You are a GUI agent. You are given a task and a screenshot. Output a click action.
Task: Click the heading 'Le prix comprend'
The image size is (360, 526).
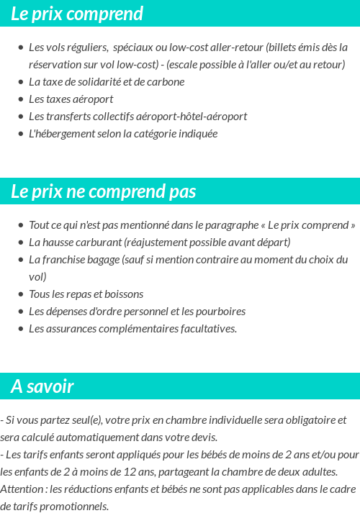click(x=77, y=14)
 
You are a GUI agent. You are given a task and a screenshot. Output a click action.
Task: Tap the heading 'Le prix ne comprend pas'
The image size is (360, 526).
click(x=104, y=192)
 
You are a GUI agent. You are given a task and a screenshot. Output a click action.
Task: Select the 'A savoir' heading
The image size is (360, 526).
click(x=42, y=386)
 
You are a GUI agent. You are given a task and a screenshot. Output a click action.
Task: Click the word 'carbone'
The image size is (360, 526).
click(x=166, y=82)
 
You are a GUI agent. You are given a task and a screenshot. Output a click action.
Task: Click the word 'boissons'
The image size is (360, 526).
click(x=125, y=294)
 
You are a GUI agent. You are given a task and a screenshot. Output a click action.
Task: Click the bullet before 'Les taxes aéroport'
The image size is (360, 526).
click(x=21, y=99)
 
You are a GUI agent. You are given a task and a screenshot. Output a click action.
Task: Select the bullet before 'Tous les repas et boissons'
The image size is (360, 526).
click(x=21, y=294)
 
